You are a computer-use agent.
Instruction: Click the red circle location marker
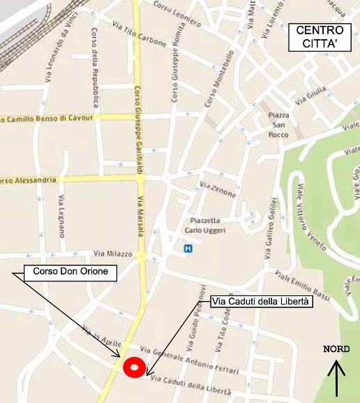[x=133, y=367]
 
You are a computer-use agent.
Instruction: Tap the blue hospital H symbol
[x=187, y=248]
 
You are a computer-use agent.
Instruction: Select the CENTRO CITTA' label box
[x=320, y=37]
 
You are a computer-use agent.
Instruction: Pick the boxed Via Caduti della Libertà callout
[x=262, y=302]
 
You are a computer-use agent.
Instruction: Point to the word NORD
[x=336, y=349]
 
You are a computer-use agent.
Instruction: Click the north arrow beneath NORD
[x=337, y=378]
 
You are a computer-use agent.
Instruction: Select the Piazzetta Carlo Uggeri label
[x=202, y=225]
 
